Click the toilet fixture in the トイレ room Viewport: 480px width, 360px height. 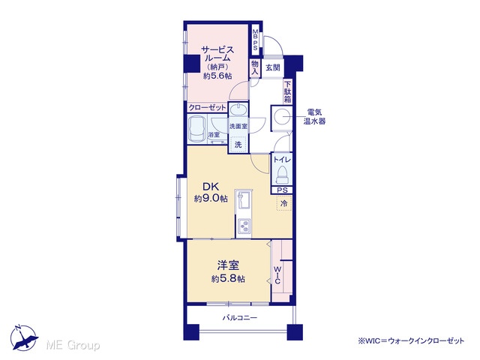pyautogui.click(x=282, y=175)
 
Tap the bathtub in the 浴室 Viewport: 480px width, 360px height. pyautogui.click(x=196, y=130)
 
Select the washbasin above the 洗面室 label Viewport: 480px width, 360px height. pyautogui.click(x=238, y=109)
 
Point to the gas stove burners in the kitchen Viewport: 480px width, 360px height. pyautogui.click(x=244, y=226)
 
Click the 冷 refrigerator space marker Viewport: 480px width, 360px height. pyautogui.click(x=283, y=203)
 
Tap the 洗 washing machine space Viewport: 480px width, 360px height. pyautogui.click(x=238, y=145)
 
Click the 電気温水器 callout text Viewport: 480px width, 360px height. pyautogui.click(x=314, y=117)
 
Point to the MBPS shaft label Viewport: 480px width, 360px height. pyautogui.click(x=255, y=40)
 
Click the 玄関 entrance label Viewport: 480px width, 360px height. pyautogui.click(x=272, y=67)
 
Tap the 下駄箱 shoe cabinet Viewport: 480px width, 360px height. pyautogui.click(x=288, y=91)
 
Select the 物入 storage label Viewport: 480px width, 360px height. pyautogui.click(x=255, y=68)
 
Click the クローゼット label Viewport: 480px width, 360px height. pyautogui.click(x=207, y=108)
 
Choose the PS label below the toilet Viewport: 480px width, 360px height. pyautogui.click(x=282, y=190)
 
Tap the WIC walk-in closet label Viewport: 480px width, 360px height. pyautogui.click(x=277, y=275)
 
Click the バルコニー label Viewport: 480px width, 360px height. pyautogui.click(x=240, y=318)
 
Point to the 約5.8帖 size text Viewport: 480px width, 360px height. pyautogui.click(x=228, y=279)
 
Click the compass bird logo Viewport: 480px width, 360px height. pyautogui.click(x=23, y=337)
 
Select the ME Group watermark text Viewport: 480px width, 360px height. pyautogui.click(x=73, y=345)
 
